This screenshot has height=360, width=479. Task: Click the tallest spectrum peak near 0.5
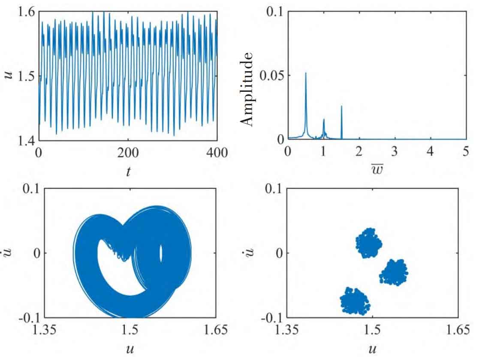[x=306, y=74]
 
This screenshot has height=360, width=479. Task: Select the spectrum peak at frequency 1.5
[x=341, y=106]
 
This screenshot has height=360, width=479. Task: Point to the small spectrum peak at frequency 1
[x=324, y=120]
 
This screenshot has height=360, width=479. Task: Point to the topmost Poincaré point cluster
[x=368, y=243]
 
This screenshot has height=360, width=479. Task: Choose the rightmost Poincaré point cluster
[x=394, y=272]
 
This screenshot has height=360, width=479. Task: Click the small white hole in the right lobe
[x=161, y=254]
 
